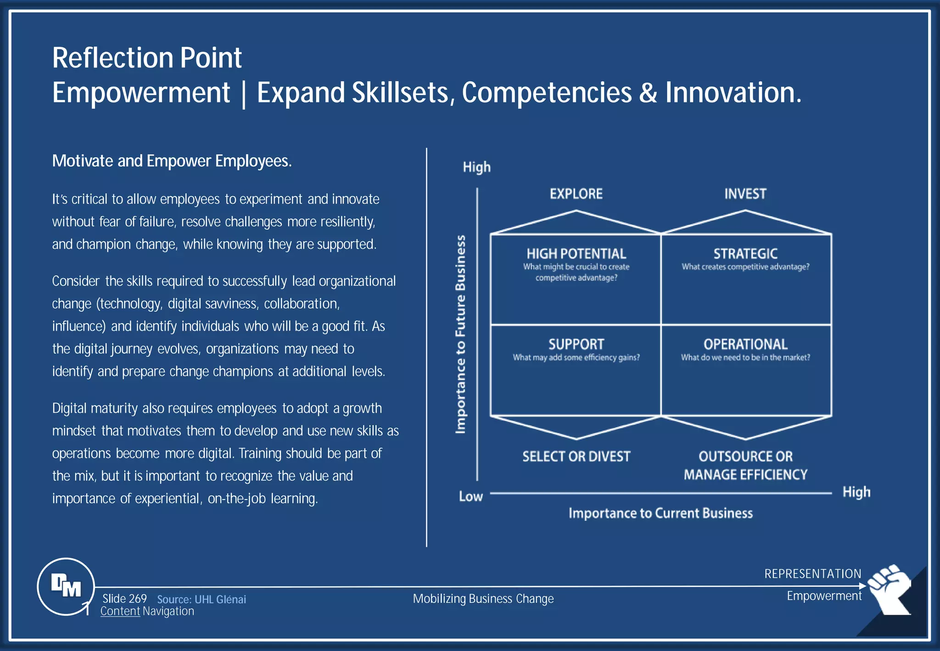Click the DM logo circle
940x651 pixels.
coord(66,586)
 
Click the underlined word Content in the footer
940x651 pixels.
coord(120,612)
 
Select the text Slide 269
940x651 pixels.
coord(124,599)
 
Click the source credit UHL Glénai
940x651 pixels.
coord(201,599)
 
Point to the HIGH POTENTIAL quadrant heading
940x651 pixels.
coord(576,253)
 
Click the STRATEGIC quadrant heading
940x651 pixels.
coord(745,253)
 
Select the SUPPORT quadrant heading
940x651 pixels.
coord(576,344)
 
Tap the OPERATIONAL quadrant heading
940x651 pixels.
coord(745,344)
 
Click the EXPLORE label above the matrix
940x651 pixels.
coord(576,194)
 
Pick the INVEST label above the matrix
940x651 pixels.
coord(745,194)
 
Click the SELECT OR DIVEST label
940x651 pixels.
coord(576,456)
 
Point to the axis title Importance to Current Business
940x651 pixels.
coord(660,513)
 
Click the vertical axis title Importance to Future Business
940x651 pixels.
coord(460,334)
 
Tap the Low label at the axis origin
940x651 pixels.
coord(470,496)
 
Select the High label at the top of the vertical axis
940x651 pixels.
coord(476,167)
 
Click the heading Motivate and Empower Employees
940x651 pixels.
coord(172,161)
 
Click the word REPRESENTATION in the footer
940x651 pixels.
coord(812,574)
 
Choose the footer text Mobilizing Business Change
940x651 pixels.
coord(483,599)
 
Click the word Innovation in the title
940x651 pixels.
coord(733,93)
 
